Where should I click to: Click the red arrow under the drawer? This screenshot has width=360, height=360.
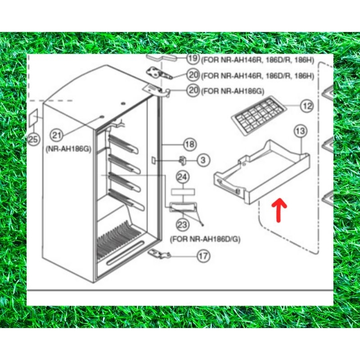point(279,210)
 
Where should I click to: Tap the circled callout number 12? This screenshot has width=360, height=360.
point(307,106)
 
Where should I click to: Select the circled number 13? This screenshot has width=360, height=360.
point(301,131)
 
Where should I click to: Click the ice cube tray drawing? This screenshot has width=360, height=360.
point(259,116)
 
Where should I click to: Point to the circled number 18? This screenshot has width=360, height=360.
point(190,144)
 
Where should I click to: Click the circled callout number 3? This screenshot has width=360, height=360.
point(203,160)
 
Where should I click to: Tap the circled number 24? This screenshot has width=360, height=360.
point(183,177)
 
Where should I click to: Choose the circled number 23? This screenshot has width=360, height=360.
point(183,225)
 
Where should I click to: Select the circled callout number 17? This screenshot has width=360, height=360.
point(203,256)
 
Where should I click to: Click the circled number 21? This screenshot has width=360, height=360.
point(57,135)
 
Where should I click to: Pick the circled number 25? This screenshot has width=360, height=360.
point(34,139)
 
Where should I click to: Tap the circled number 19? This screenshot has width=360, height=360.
point(193,58)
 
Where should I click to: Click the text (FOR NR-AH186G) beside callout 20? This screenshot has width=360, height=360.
point(233,91)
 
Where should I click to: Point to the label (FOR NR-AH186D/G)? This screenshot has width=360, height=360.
point(205,239)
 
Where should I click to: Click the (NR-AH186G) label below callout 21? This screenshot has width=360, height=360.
point(68,149)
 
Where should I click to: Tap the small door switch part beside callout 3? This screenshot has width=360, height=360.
point(183,160)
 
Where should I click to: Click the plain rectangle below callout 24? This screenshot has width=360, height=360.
point(183,192)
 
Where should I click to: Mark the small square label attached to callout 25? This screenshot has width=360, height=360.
point(33,117)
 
